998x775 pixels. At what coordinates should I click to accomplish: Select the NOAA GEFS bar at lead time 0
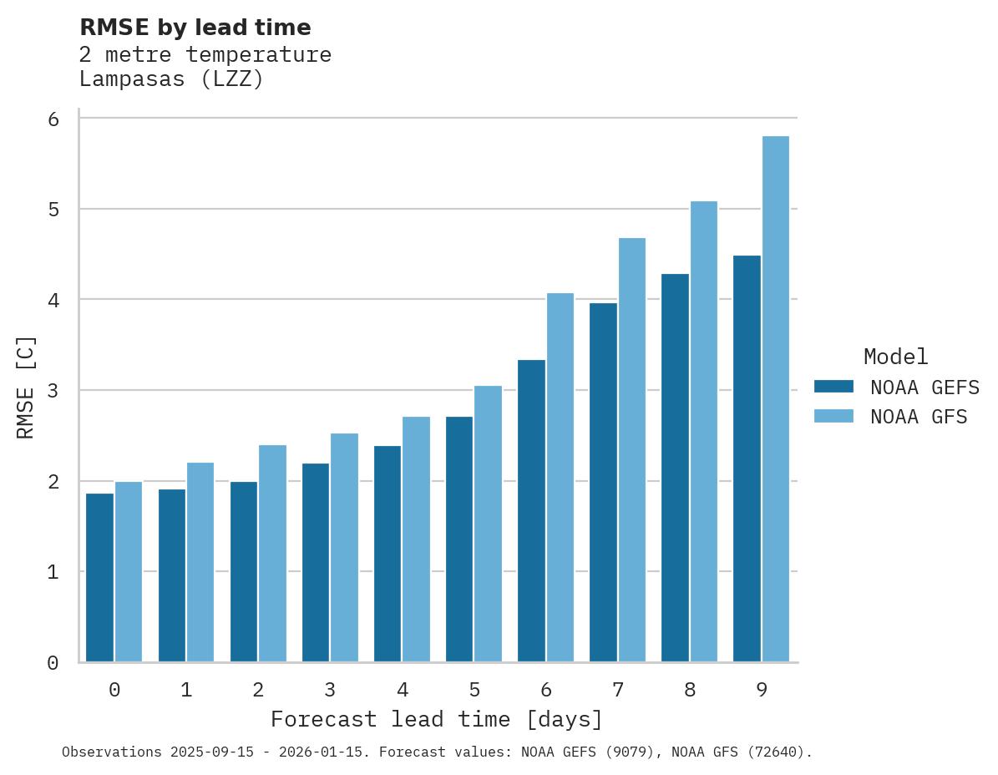(x=100, y=578)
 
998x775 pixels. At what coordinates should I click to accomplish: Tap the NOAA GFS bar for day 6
(x=560, y=478)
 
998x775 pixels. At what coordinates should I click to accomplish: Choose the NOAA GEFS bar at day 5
(x=459, y=539)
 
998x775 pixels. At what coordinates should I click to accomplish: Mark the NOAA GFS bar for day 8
(x=704, y=432)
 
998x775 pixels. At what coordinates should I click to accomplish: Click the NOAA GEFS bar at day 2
(x=244, y=572)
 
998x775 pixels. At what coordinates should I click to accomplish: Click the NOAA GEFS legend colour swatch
(x=833, y=387)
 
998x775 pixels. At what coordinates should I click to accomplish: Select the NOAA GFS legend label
(x=919, y=417)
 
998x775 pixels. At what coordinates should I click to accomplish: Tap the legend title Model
(x=895, y=357)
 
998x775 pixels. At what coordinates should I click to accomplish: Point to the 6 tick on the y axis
(x=53, y=119)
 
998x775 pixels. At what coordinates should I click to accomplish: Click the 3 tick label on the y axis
(x=53, y=391)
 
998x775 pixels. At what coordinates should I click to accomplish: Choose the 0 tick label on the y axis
(x=53, y=663)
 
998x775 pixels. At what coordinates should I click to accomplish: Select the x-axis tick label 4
(x=403, y=691)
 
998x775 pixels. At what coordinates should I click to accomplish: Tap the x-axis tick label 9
(x=762, y=691)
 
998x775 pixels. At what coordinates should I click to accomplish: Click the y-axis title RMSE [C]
(x=26, y=387)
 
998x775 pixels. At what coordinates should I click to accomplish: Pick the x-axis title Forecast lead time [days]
(x=436, y=719)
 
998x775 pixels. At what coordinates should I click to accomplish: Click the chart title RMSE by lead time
(x=195, y=28)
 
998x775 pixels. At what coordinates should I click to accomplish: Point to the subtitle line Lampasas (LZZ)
(x=171, y=80)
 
